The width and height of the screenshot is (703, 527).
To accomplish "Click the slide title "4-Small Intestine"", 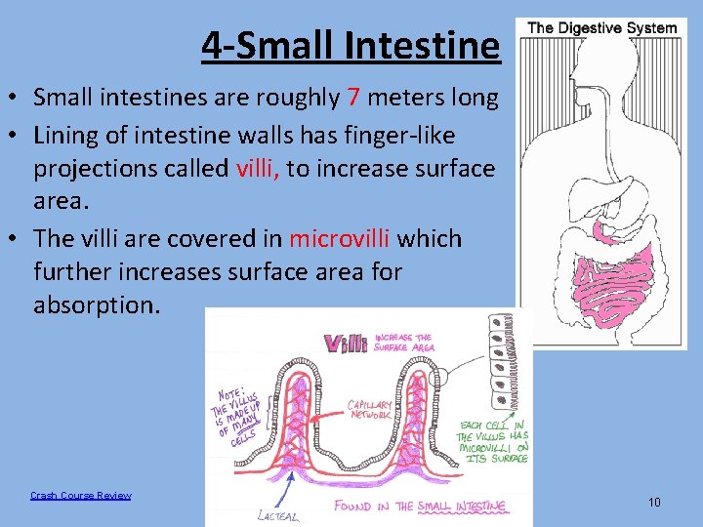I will [351, 45].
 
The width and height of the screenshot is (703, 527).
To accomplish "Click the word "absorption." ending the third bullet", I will [96, 304].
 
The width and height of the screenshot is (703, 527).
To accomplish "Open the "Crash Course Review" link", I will [80, 496].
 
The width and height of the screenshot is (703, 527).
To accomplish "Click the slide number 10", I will [653, 502].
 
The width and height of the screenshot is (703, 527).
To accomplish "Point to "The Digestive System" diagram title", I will [601, 27].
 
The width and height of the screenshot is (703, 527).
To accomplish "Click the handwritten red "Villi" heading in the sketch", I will [346, 344].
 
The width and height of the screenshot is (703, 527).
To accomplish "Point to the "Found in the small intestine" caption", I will [420, 506].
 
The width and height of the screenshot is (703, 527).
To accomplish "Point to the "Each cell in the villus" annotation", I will [492, 442].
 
